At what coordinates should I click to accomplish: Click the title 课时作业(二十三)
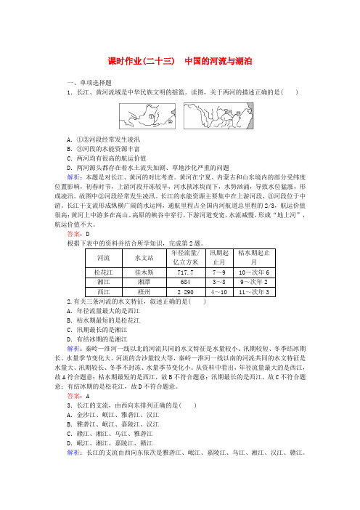[137, 60]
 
